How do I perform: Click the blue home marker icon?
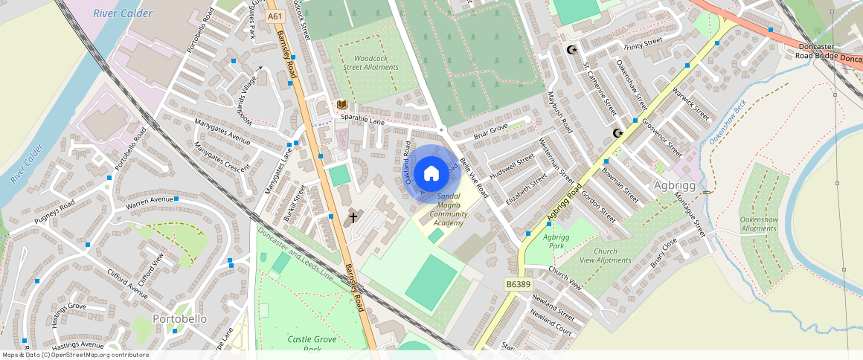[431, 174]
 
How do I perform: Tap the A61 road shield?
[275, 16]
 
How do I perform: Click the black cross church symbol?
[354, 218]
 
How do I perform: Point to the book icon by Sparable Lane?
[341, 105]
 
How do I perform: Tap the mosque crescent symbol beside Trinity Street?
[571, 50]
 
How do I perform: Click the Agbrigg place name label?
[674, 185]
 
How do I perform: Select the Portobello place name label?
[179, 318]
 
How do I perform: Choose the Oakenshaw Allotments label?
[758, 224]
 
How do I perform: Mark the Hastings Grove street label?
[77, 306]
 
